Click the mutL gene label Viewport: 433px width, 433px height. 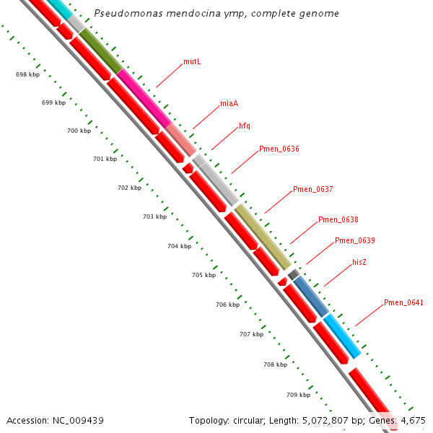(x=192, y=62)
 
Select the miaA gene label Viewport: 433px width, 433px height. (x=229, y=104)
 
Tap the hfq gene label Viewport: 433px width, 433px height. (x=245, y=126)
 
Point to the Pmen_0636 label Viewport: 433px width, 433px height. (x=279, y=149)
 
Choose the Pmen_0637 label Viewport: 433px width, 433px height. (x=312, y=190)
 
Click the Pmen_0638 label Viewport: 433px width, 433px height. (x=338, y=220)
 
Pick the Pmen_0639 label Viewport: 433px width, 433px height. (x=354, y=240)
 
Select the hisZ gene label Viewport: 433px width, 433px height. (x=359, y=262)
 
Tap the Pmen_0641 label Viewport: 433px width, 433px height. (x=403, y=302)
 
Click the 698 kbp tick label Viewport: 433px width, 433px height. (x=27, y=75)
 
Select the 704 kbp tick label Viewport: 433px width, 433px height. (x=179, y=247)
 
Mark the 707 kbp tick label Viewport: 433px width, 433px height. (x=251, y=335)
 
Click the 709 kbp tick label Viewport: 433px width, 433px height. (x=298, y=395)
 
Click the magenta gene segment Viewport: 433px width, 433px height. (x=144, y=97)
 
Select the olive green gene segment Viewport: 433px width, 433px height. (x=100, y=51)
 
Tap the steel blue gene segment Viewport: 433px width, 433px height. (x=311, y=295)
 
